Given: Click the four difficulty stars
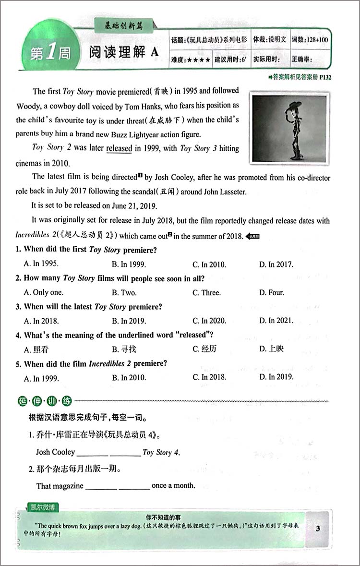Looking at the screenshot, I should tap(198, 60).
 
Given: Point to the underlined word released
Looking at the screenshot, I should tap(119, 148).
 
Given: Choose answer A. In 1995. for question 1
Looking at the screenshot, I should tap(41, 264).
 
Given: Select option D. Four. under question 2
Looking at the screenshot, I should tap(272, 292).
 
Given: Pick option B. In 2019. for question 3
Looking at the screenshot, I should tap(129, 321).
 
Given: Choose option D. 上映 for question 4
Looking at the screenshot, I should tap(271, 349).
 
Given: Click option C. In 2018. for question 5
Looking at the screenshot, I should tap(209, 377).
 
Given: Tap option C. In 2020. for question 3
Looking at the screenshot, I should tap(209, 321).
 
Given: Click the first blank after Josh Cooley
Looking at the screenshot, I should tap(92, 453).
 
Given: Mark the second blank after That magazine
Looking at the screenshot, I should tap(134, 486).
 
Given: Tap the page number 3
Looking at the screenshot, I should tap(318, 529).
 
